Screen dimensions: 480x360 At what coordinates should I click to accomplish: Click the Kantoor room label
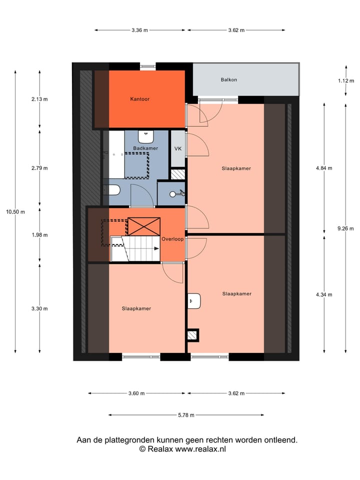point(139,99)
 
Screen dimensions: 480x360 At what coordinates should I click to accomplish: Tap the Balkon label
point(228,79)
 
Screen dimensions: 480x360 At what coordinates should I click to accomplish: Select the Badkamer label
point(145,148)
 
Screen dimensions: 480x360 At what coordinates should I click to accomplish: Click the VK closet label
point(177,149)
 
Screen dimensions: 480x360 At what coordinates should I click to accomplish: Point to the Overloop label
point(172,239)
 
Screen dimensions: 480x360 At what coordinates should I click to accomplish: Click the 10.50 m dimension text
point(15,211)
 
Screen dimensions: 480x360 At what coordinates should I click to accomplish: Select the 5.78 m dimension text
point(186,415)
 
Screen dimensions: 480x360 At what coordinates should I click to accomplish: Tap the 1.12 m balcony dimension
point(345,80)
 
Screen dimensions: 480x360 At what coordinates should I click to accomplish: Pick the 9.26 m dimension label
point(345,228)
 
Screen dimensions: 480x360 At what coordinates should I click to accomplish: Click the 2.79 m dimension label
point(39,168)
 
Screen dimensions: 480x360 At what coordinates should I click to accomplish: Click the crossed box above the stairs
point(144,226)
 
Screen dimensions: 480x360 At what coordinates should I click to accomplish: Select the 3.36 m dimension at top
point(140,30)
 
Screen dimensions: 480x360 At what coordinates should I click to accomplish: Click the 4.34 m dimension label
point(324,294)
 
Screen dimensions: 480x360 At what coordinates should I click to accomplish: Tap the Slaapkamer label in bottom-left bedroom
point(136,308)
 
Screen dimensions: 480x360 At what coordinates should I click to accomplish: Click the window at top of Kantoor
point(147,66)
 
